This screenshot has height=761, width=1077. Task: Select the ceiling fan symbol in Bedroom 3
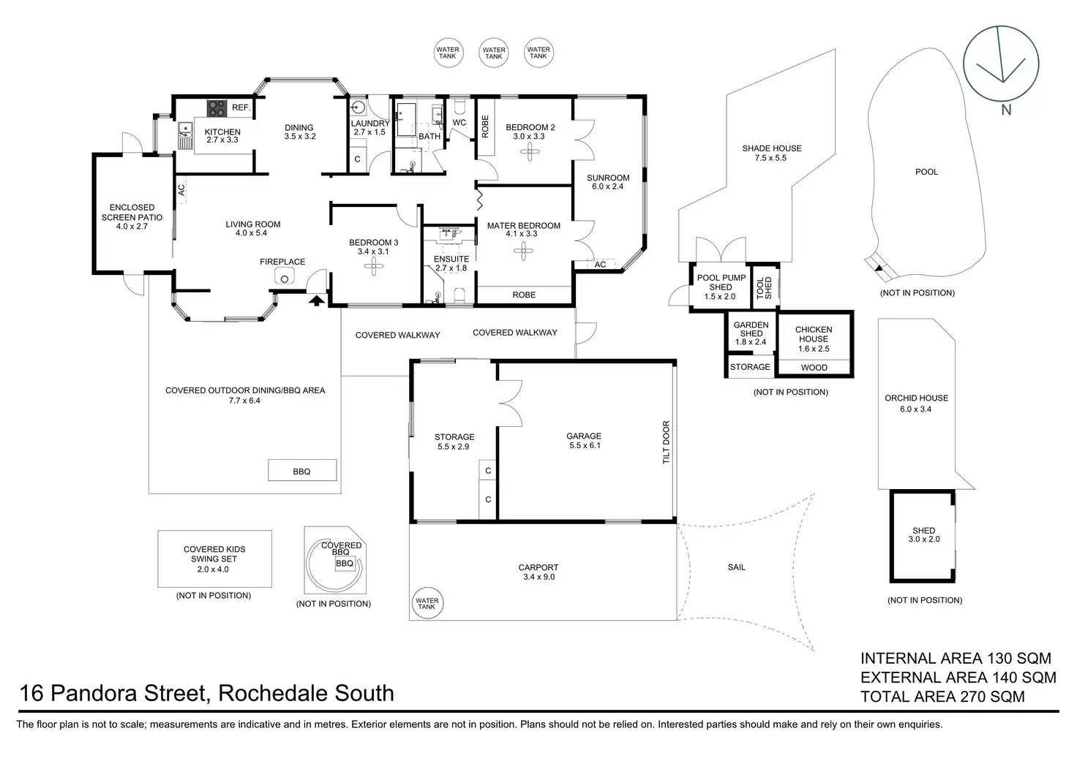point(373,268)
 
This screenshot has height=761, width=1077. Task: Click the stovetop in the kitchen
point(216,108)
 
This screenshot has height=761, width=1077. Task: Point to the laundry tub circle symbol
point(358,108)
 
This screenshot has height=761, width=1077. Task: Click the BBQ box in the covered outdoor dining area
point(301,471)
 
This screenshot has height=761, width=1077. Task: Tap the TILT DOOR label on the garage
point(666,442)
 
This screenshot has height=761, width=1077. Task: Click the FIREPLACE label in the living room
point(282,262)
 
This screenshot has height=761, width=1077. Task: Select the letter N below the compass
point(1006,110)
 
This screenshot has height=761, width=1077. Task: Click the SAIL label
point(736,567)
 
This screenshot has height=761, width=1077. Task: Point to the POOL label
point(926,172)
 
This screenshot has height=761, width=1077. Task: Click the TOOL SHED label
point(764,288)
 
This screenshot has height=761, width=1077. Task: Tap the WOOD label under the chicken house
point(814,368)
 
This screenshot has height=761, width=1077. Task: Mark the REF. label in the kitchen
point(241,107)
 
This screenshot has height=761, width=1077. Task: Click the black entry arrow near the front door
point(317,300)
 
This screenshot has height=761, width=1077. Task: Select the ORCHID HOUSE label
point(916,398)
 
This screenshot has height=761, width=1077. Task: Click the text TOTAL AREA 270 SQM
point(942,697)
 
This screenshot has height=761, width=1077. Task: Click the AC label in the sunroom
point(600,265)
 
